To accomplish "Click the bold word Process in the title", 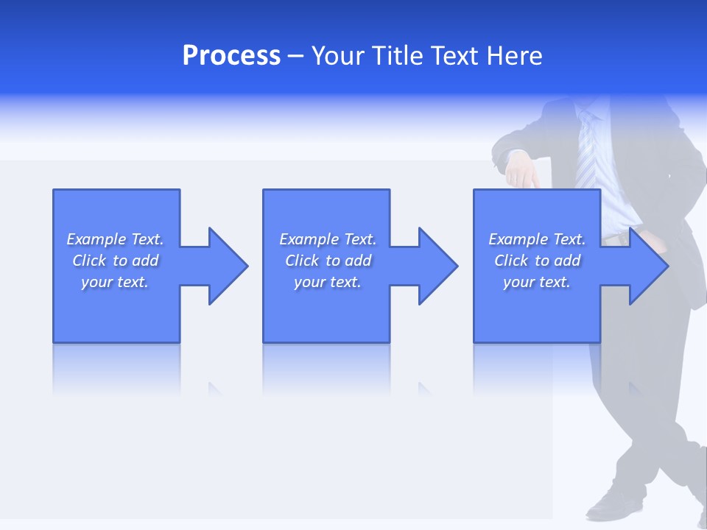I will pos(231,56).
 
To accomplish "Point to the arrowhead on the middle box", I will pos(437,266).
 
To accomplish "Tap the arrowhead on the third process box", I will pos(647,266).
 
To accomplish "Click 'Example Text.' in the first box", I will pos(115,239).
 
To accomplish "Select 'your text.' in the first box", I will pos(115,282).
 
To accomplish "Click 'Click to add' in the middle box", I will pos(328,261).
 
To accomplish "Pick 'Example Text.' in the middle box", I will pos(328,239).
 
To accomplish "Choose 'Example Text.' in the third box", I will pos(537,239).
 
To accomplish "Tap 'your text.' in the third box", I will pos(537,282).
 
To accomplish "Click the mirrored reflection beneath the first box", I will pos(116,368).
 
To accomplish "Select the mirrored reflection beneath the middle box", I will pos(326,368).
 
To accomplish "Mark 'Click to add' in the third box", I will pos(537,261).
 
